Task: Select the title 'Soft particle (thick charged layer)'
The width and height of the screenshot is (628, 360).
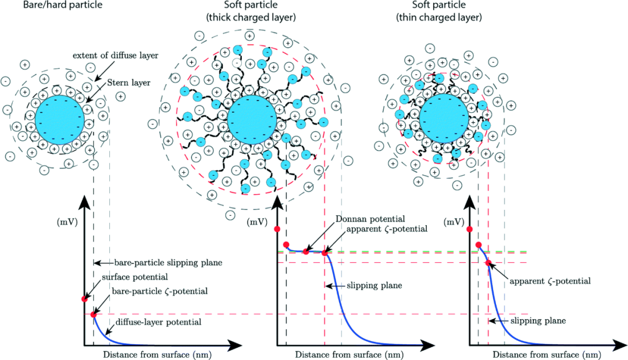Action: click(x=251, y=12)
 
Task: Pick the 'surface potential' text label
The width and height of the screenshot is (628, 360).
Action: click(x=135, y=277)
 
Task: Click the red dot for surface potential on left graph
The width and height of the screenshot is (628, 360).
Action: click(x=84, y=298)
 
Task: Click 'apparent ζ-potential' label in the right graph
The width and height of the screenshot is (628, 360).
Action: click(x=550, y=281)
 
